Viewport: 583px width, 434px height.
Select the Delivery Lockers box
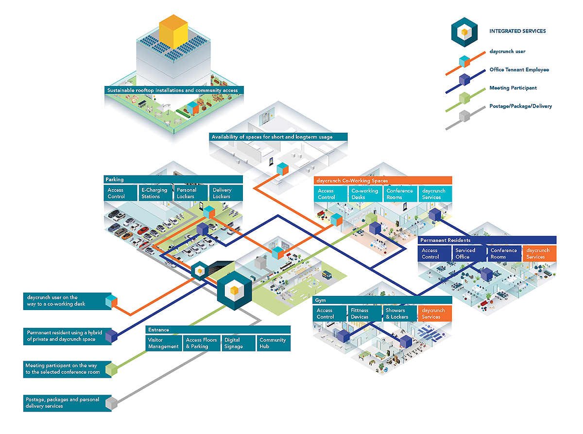coord(226,193)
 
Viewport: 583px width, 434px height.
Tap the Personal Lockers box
coord(190,193)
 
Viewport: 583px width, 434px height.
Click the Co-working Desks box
coord(365,194)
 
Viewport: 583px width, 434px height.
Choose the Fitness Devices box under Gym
coord(364,313)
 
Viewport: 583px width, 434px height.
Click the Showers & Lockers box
coord(399,313)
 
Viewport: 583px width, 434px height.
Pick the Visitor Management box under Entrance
coord(164,343)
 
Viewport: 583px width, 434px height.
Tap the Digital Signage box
coord(239,343)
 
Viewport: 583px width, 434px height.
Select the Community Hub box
coord(274,343)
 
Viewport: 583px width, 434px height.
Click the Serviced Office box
coord(469,254)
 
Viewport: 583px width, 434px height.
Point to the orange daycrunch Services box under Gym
coord(435,313)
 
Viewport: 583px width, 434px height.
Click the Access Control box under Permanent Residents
coord(434,254)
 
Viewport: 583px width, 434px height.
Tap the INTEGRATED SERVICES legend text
coord(517,31)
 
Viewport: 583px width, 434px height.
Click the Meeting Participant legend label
coord(513,88)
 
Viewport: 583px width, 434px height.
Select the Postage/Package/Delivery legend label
coord(520,106)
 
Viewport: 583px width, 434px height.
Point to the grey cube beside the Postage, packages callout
coord(111,403)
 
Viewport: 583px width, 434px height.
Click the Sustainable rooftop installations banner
coord(174,90)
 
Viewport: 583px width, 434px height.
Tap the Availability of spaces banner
coord(278,137)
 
